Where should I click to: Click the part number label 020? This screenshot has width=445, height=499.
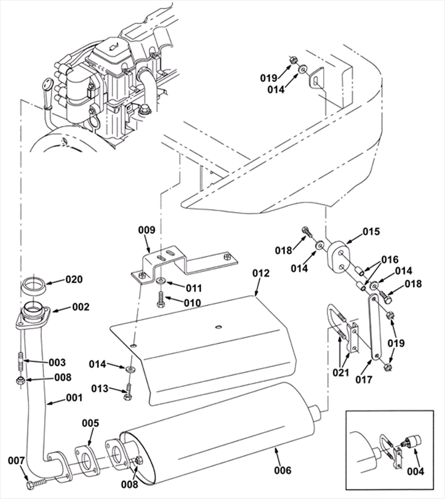pos(74,279)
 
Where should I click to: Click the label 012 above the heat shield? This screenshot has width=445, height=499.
pos(261,273)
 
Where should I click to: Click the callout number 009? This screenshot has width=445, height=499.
pos(147,230)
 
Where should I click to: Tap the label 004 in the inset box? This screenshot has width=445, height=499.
pos(416,472)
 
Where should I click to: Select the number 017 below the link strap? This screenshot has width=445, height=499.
pos(364,379)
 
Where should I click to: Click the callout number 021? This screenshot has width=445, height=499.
pos(341,372)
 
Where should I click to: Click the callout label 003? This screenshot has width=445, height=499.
pos(57,362)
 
